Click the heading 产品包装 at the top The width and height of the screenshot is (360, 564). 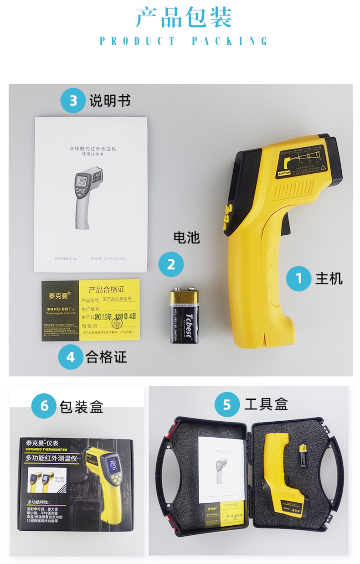tap(184, 18)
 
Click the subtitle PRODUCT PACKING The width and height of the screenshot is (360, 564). tap(184, 41)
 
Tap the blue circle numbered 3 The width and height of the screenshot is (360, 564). tap(73, 100)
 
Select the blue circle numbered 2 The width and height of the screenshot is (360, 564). tap(171, 264)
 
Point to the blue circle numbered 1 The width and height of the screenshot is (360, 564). tap(299, 278)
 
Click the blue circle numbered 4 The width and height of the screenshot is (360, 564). tap(71, 357)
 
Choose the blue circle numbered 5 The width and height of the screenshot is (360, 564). tap(227, 404)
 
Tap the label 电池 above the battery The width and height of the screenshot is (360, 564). tap(186, 238)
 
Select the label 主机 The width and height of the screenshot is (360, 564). tap(329, 278)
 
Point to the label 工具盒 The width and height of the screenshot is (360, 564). tap(266, 404)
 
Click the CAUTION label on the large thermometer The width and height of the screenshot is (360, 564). tap(284, 173)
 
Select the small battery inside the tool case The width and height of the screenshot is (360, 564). tap(303, 456)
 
